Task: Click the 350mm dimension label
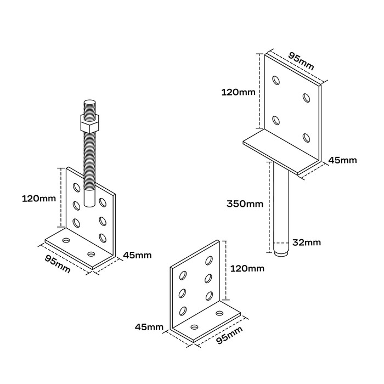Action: (245, 204)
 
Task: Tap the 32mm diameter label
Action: (307, 242)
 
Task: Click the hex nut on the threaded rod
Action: (89, 123)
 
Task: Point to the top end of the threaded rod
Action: (90, 101)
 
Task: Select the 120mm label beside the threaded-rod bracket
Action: (39, 199)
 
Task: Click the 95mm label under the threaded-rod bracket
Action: (58, 264)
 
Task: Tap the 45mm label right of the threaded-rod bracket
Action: (137, 256)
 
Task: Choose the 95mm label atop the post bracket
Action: (301, 61)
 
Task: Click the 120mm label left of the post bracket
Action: (238, 92)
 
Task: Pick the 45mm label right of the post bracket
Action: (343, 160)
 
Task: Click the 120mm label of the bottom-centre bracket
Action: (247, 269)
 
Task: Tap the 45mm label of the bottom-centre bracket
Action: (149, 327)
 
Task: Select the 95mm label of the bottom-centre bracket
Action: (229, 335)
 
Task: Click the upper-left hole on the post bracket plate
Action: (276, 80)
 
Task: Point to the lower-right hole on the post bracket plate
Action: (306, 138)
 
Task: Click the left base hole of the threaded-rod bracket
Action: (66, 240)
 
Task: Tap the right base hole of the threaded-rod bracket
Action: (92, 253)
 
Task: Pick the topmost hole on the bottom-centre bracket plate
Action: (209, 261)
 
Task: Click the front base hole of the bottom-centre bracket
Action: (195, 327)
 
